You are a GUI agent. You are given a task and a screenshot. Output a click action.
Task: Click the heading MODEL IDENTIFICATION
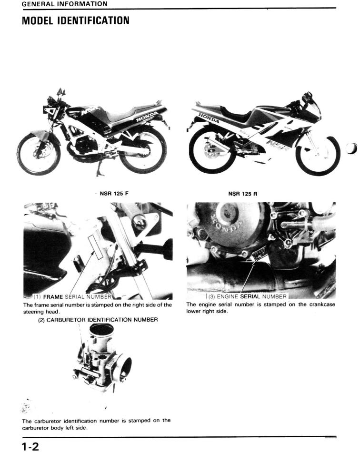point(76,20)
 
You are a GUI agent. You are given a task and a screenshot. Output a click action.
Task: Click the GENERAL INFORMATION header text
point(65,4)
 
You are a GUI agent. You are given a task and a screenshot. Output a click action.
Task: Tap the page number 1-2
point(30,446)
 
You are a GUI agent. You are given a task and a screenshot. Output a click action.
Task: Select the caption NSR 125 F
point(114,194)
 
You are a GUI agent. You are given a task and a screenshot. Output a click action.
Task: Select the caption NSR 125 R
point(242,194)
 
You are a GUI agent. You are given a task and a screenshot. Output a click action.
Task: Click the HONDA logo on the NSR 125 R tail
point(209,118)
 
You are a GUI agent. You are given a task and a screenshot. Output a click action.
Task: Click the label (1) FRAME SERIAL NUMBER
point(72,296)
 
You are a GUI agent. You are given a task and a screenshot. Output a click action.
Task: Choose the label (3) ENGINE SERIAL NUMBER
point(247,296)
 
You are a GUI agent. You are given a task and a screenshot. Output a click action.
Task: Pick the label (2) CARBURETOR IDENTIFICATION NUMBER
point(98,320)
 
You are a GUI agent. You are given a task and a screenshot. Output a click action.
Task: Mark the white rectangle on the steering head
point(96,247)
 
